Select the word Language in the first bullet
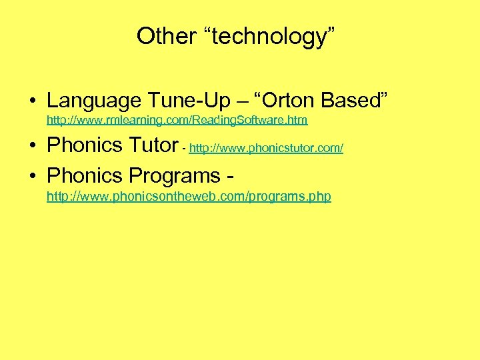pos(94,101)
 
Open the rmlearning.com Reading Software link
pos(177,121)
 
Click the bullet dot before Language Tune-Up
pos(32,101)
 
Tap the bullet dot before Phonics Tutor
pos(32,145)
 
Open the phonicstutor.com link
pos(266,148)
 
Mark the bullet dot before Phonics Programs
pos(32,177)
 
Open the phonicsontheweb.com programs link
pos(189,197)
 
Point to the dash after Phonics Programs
pos(229,177)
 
